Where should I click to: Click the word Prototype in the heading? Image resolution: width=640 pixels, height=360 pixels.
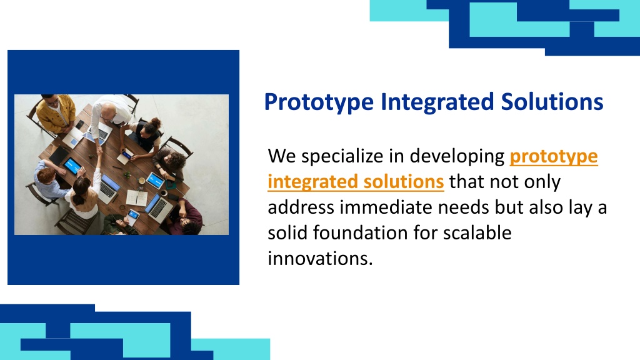click(319, 102)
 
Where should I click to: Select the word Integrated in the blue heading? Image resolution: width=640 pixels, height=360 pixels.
click(437, 101)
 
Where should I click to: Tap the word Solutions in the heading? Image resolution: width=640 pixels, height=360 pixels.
click(552, 101)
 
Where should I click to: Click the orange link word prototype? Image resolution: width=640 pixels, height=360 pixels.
click(554, 157)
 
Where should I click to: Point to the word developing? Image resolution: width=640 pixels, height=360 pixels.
click(457, 157)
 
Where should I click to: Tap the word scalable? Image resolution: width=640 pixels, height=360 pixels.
click(477, 233)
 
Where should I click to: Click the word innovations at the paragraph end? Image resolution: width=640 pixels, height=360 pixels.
click(321, 259)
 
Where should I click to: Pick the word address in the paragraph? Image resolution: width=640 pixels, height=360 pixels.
click(301, 207)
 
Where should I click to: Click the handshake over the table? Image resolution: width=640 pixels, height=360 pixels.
click(99, 150)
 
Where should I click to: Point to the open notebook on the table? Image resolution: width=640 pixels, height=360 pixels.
click(136, 198)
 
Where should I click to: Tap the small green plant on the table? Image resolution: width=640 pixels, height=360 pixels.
click(127, 175)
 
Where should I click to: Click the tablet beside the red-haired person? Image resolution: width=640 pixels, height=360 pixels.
click(72, 166)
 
